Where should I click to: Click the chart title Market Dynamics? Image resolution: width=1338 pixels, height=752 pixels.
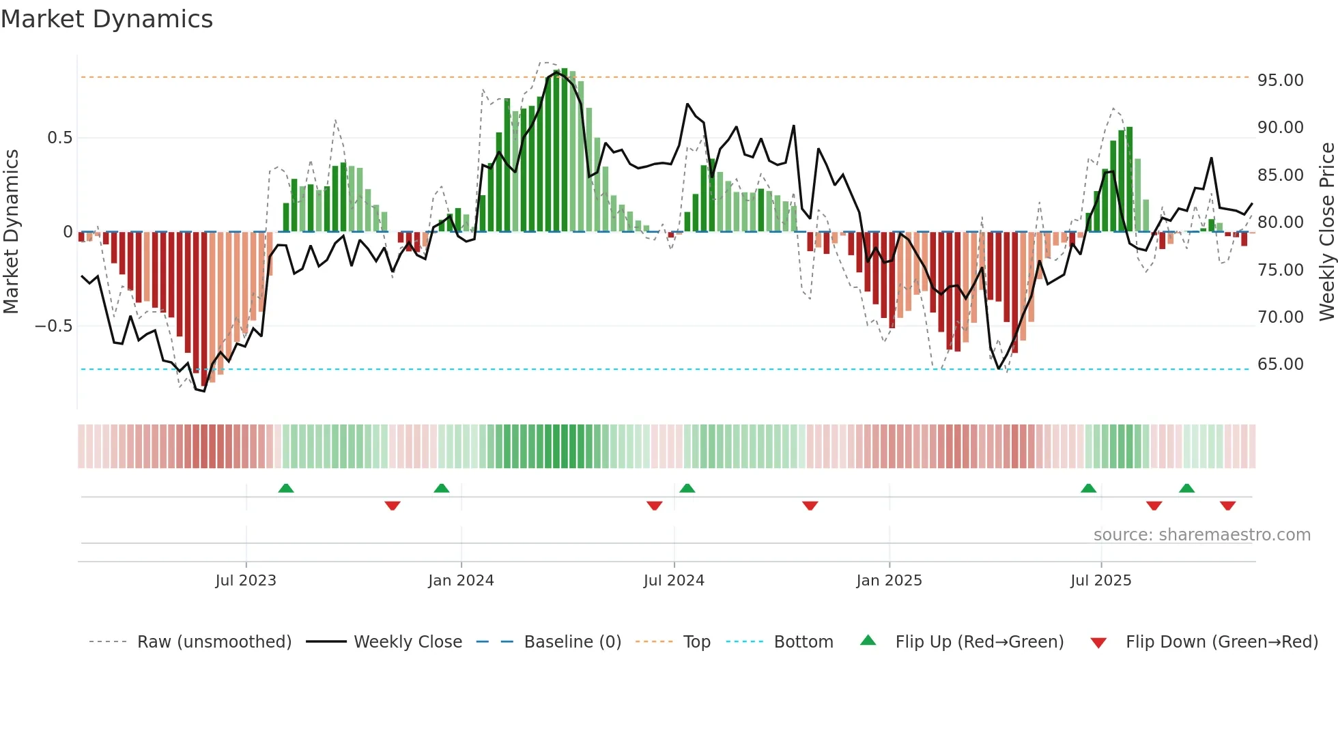coord(106,19)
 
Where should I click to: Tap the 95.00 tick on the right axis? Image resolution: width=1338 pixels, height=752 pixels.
coord(1280,81)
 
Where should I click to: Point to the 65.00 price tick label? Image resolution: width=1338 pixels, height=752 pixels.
coord(1280,364)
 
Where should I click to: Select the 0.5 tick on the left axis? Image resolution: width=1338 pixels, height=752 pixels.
coord(59,138)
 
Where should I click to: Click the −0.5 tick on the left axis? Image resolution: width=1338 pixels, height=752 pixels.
coord(54,326)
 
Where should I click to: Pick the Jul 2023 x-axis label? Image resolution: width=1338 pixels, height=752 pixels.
coord(246,581)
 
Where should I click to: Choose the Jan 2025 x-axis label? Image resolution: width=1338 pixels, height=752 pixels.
coord(889,581)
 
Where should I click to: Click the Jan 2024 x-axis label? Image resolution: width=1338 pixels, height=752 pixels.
coord(461,581)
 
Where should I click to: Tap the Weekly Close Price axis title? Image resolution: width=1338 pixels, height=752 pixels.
coord(1326,232)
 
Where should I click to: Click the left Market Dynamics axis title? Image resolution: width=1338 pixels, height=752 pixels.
coord(11,232)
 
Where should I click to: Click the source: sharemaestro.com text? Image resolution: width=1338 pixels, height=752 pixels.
coord(1201,535)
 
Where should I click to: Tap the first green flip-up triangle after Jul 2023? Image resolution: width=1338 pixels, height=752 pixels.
coord(286,489)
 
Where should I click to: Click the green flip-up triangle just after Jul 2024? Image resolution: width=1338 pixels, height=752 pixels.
coord(687,489)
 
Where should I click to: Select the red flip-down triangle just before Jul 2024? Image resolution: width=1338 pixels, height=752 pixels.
coord(654,506)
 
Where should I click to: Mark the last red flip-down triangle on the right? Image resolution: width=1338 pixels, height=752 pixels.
coord(1227,506)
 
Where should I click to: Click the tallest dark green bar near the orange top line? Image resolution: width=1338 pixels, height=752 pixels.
coord(565,150)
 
